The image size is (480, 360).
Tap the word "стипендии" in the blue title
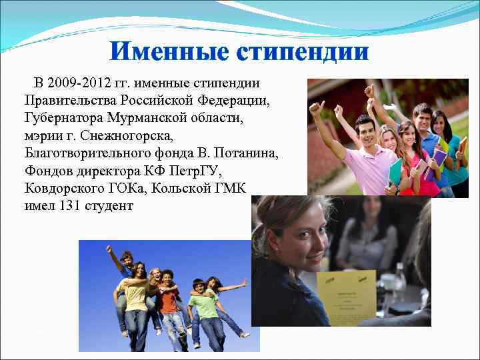point(304,51)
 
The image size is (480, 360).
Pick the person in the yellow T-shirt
point(137,293)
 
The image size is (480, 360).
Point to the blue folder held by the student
point(396,173)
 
